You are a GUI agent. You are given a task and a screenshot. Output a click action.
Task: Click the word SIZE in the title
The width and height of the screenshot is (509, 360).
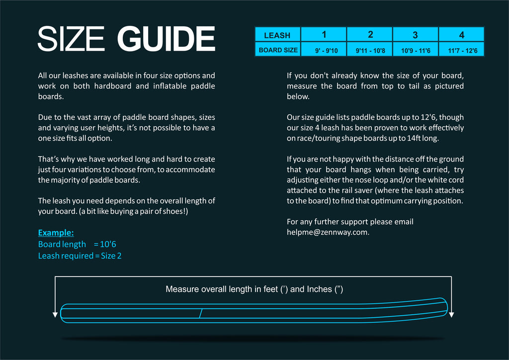[x=71, y=39]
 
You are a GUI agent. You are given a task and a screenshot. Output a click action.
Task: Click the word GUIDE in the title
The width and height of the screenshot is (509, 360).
[x=166, y=39]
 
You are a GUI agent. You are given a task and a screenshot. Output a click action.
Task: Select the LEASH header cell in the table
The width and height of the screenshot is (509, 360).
[x=277, y=35]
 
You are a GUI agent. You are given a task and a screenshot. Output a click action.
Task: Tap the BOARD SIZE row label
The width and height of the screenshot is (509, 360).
[x=278, y=50]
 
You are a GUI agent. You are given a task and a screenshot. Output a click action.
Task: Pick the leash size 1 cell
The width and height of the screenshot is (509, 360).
[x=324, y=35]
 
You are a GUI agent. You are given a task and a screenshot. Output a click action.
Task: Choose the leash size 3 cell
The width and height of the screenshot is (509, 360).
[x=416, y=35]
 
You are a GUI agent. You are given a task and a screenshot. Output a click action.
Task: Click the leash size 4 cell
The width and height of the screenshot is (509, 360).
[x=462, y=35]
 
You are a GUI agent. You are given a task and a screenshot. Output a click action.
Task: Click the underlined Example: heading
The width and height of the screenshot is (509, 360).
[x=56, y=233]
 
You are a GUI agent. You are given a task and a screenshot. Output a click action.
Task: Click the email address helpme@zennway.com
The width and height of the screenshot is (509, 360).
[x=328, y=232]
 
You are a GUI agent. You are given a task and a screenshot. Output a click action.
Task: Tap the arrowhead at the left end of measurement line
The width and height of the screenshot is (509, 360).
[x=55, y=315]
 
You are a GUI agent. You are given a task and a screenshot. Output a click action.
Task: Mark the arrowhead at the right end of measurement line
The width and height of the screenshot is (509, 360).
[x=451, y=315]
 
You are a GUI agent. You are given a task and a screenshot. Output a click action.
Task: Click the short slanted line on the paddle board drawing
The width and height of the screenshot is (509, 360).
[x=200, y=313]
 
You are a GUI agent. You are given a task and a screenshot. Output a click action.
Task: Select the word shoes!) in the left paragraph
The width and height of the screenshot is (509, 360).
[x=174, y=211]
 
